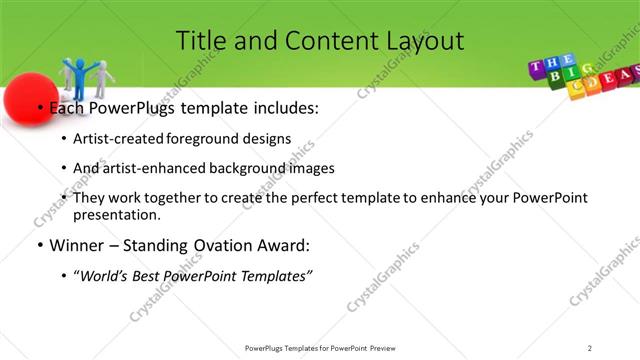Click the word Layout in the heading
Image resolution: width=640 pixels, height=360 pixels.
click(421, 41)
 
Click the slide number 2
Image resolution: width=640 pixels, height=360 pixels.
click(590, 347)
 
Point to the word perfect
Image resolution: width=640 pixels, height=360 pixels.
click(307, 198)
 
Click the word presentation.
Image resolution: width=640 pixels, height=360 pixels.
click(116, 215)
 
